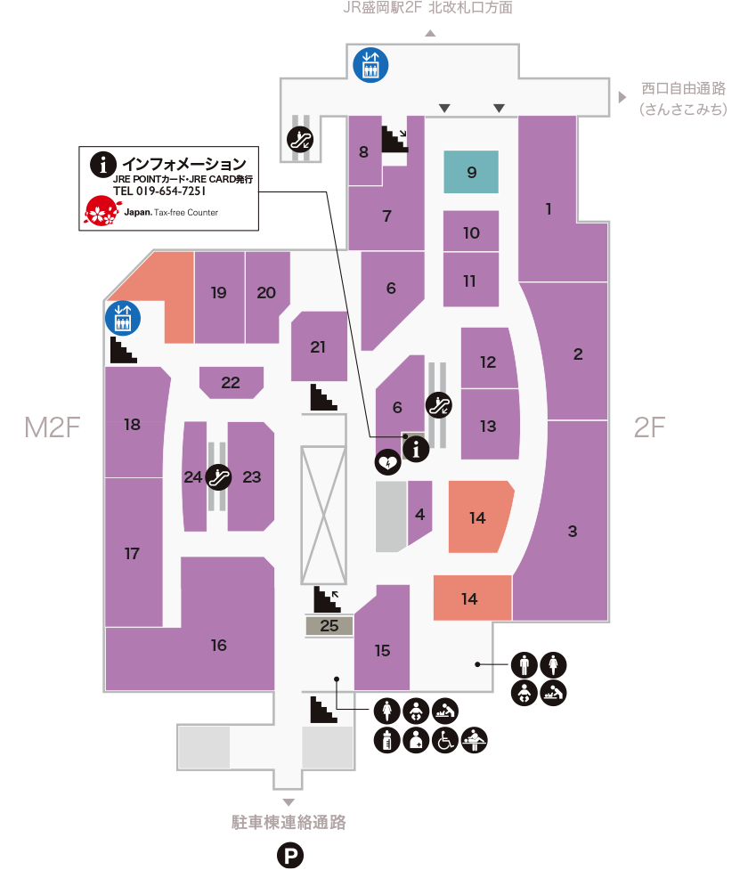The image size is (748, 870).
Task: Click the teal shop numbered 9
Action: point(471,172)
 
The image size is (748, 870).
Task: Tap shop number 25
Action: point(329,626)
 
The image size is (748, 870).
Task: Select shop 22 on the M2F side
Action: point(231,383)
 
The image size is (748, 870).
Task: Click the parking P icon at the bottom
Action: point(290,856)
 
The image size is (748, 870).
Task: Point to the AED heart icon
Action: point(386,461)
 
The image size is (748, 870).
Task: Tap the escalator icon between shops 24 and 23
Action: point(219,477)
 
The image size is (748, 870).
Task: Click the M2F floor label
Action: point(53,428)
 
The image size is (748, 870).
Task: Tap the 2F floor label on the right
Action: point(649,428)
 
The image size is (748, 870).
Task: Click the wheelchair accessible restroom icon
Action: point(444,740)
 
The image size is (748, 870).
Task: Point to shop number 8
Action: point(363,152)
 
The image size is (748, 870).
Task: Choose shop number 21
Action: point(318,347)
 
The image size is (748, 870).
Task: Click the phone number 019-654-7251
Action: point(160,191)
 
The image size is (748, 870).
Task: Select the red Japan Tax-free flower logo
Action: point(102,210)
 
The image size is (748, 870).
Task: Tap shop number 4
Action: point(419,514)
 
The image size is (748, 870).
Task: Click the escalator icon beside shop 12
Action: point(439,405)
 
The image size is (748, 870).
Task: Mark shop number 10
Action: point(471,232)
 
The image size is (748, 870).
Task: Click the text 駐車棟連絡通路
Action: point(288,822)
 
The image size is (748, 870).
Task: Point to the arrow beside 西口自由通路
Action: point(622,96)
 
